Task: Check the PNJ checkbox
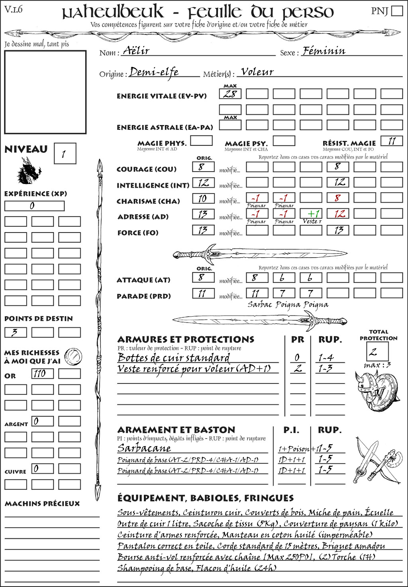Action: coord(397,11)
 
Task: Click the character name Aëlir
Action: coord(136,51)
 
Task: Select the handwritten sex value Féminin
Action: coord(324,51)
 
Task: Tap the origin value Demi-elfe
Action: coord(154,72)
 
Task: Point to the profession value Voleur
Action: coord(257,72)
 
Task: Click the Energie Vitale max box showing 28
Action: coord(230,94)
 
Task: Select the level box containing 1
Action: coord(65,154)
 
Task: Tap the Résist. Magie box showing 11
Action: coord(392,141)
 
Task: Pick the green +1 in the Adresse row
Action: coord(311,214)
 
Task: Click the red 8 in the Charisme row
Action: coord(337,198)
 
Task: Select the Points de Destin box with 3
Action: coord(16,332)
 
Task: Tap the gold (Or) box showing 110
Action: coord(42,374)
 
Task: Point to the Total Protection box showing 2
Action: coord(377,351)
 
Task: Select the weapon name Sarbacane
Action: coord(144,448)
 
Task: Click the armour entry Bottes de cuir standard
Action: coord(173,357)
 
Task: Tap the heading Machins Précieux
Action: coord(42,504)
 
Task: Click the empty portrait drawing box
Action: coord(45,92)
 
